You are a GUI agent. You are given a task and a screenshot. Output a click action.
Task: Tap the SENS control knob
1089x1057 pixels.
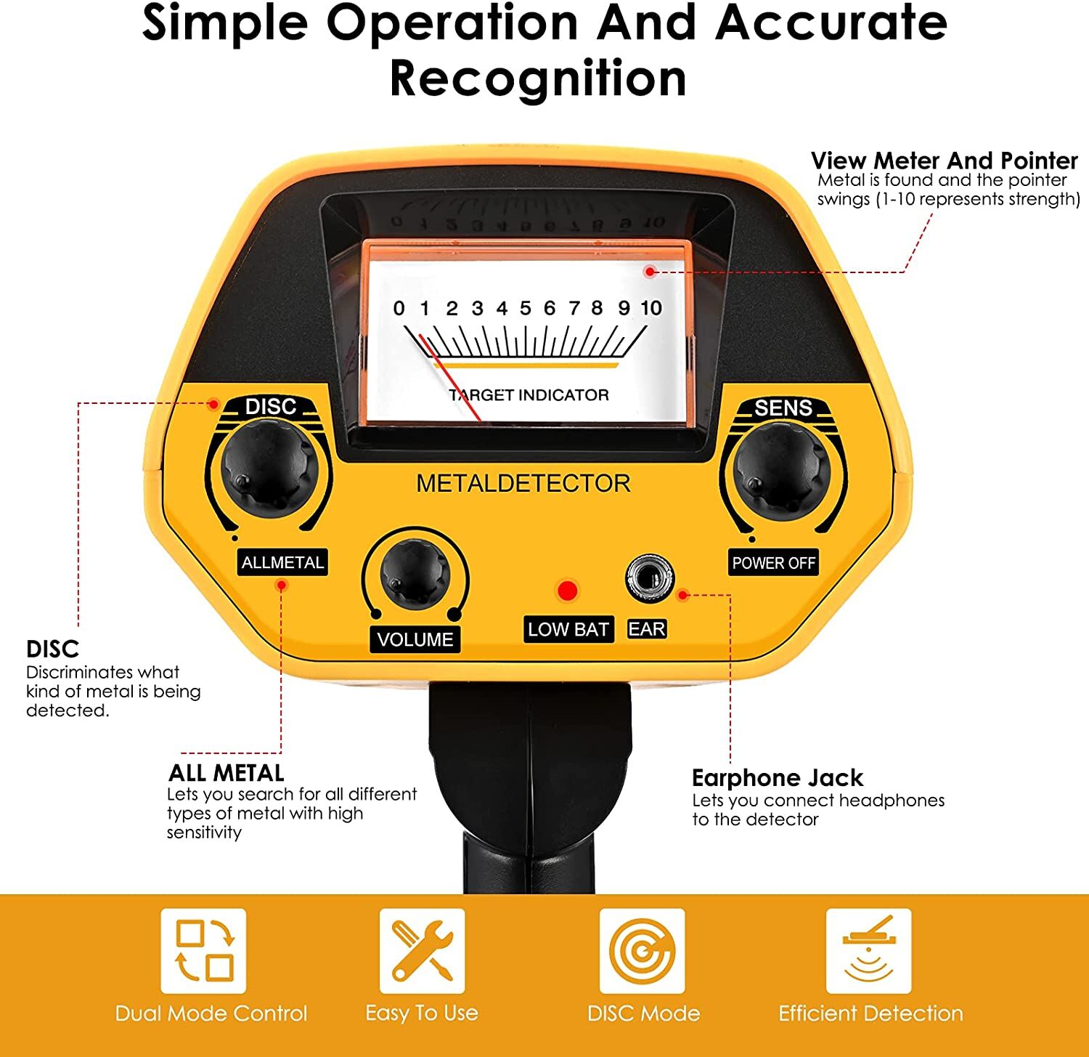(782, 471)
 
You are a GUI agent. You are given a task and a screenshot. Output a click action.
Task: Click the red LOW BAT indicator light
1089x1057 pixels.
(566, 591)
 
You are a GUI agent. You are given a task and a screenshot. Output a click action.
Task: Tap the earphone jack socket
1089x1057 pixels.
(649, 578)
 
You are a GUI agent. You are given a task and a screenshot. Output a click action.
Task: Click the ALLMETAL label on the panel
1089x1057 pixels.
(282, 562)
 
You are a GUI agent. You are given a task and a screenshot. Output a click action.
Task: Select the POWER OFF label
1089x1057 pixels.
(773, 562)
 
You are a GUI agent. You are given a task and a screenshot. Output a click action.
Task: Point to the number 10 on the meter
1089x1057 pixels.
(651, 308)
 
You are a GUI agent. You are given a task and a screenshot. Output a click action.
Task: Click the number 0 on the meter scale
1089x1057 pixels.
(399, 308)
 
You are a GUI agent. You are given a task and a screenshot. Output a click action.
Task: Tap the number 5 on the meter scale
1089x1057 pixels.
(525, 308)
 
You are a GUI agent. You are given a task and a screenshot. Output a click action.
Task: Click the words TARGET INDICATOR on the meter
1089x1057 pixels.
(529, 395)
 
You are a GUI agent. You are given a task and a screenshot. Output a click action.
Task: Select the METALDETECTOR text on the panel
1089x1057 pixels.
(523, 484)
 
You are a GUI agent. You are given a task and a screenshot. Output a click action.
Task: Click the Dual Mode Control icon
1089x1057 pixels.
(203, 950)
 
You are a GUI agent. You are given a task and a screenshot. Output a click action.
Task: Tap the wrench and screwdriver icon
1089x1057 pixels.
(422, 950)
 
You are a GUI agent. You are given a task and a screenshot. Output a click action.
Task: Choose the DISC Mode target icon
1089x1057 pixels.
(642, 950)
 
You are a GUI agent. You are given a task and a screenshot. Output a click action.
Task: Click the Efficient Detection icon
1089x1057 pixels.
(868, 950)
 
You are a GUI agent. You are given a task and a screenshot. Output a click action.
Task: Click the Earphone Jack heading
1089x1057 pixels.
(777, 778)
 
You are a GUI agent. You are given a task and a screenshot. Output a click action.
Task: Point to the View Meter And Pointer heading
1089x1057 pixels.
(944, 160)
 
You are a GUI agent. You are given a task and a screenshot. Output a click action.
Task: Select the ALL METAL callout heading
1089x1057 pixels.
(226, 772)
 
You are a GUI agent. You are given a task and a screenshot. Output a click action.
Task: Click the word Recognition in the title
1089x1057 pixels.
(538, 78)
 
